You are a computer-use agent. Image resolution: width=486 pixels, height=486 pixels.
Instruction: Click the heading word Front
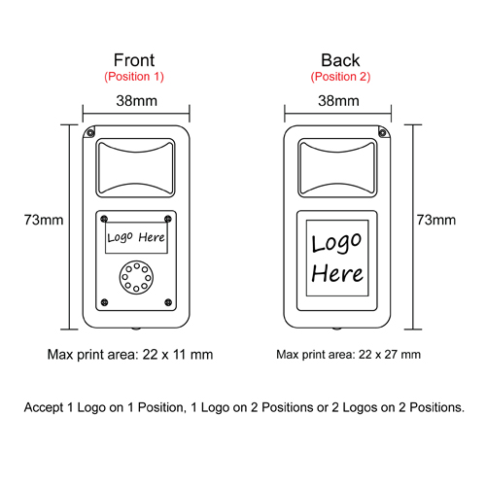click(x=134, y=60)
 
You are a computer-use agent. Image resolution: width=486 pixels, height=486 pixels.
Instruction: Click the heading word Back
click(x=340, y=60)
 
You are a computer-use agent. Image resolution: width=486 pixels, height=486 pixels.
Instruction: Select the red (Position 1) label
click(x=134, y=77)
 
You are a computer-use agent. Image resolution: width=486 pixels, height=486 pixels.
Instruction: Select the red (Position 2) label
click(x=340, y=77)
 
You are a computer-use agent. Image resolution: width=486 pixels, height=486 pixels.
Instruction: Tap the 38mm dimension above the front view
click(x=137, y=101)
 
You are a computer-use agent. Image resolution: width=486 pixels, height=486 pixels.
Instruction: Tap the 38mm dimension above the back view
click(x=338, y=101)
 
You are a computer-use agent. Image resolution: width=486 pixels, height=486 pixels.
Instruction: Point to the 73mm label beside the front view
click(x=44, y=220)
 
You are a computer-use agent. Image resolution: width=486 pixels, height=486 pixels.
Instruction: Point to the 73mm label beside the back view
click(x=436, y=220)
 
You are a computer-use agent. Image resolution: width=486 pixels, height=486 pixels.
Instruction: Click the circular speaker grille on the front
click(x=136, y=277)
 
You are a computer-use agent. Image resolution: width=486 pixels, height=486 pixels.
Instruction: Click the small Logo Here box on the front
click(x=136, y=237)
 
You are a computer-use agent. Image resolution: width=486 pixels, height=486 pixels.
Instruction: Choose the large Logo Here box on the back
click(x=337, y=258)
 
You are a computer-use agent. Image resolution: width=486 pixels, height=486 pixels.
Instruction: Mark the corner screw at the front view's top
click(x=90, y=132)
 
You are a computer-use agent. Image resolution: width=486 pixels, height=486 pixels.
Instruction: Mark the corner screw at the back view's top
click(x=382, y=132)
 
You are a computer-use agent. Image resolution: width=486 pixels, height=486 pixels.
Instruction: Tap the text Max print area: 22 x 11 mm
click(x=130, y=355)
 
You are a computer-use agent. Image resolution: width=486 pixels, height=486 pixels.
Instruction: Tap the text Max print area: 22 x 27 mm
click(x=348, y=355)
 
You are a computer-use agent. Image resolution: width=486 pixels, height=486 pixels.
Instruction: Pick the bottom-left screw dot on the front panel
click(x=104, y=302)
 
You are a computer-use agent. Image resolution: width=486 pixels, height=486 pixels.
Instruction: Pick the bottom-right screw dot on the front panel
click(x=168, y=302)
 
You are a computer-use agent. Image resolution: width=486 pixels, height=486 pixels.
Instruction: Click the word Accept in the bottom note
click(x=44, y=407)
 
